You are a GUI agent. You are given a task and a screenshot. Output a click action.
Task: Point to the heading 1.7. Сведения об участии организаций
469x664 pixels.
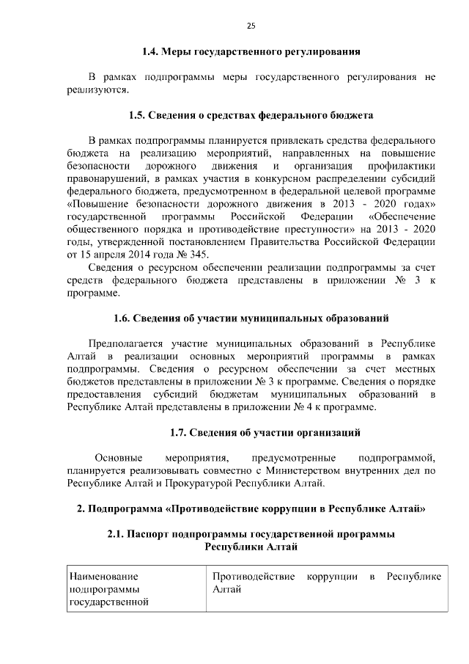pyautogui.click(x=265, y=432)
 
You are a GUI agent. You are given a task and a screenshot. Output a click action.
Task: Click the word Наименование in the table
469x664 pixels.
pyautogui.click(x=103, y=576)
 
